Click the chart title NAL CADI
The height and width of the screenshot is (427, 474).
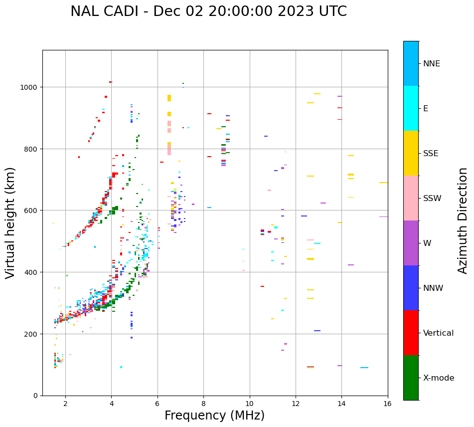tap(208, 11)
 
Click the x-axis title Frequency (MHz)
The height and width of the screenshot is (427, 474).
tap(214, 416)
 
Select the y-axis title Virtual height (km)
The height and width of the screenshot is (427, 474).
tap(10, 222)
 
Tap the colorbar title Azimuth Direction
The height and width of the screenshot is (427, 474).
tap(463, 220)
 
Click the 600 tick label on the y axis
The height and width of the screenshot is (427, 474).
tap(33, 211)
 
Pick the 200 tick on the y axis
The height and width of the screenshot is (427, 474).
tap(33, 334)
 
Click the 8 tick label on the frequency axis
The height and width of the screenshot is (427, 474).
tap(204, 404)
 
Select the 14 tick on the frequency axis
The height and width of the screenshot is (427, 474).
tap(341, 404)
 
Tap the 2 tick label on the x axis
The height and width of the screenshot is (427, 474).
tap(65, 404)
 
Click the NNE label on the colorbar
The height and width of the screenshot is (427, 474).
tap(432, 64)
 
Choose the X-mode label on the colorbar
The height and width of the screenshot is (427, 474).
tap(439, 378)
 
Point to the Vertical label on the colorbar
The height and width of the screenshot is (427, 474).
tap(439, 333)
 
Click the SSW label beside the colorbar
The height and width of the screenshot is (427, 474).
tap(432, 199)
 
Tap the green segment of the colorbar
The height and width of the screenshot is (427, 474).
tap(411, 378)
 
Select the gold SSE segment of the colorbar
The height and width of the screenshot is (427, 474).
tap(411, 153)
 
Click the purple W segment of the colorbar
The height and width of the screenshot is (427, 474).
tap(411, 243)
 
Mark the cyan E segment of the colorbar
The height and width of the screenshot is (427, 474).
tap(411, 108)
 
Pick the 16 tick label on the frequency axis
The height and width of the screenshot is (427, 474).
tap(387, 404)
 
